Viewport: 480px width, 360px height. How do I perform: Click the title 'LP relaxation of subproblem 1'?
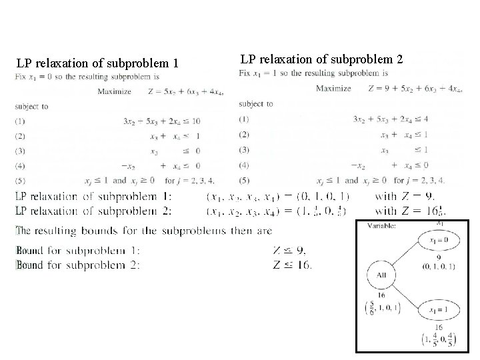(98, 64)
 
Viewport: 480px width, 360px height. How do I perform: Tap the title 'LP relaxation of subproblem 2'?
(321, 59)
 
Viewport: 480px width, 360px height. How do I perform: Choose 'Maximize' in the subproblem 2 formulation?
(333, 88)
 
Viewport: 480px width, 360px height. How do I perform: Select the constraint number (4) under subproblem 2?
(244, 165)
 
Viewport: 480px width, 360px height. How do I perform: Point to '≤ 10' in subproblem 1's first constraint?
(190, 121)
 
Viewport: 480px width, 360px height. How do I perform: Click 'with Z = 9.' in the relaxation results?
(405, 196)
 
